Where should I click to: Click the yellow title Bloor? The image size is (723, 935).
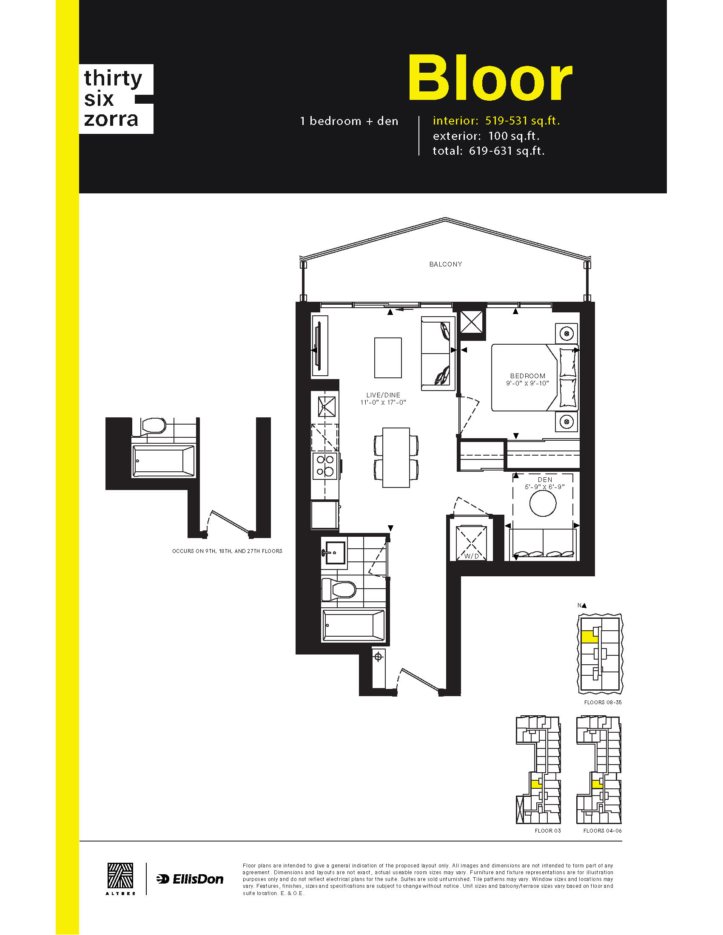(490, 78)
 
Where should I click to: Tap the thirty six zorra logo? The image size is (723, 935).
(116, 99)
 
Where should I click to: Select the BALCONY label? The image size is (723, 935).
(445, 264)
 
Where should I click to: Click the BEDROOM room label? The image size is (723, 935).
(527, 376)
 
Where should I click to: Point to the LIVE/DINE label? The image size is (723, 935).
(383, 395)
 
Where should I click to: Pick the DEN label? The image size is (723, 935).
(545, 480)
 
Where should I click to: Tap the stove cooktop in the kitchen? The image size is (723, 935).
(325, 466)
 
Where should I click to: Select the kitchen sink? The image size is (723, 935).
(326, 407)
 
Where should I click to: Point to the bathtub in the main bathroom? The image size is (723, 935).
(353, 626)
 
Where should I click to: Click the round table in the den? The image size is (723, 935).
(543, 503)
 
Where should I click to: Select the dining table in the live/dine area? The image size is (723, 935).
(396, 457)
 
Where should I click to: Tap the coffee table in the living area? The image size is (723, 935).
(387, 357)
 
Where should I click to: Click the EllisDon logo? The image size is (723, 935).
(190, 879)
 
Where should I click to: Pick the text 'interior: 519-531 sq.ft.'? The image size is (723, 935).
(496, 121)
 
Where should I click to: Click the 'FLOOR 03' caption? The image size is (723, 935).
(547, 830)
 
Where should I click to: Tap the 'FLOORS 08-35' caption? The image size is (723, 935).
(603, 702)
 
